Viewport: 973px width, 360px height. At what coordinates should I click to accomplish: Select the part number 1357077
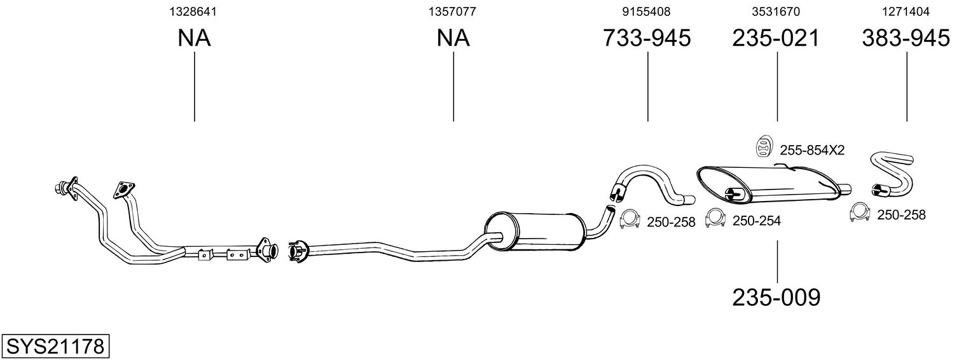pos(452,11)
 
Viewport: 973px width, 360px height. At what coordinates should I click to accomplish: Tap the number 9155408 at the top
pos(646,11)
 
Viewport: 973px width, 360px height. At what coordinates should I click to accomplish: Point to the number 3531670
pos(776,11)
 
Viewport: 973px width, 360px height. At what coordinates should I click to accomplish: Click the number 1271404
pos(906,11)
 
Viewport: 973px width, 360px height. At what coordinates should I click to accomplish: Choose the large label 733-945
pos(646,38)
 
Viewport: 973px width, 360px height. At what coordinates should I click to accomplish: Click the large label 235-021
pos(776,38)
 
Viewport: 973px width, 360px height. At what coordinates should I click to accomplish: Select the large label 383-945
pos(906,38)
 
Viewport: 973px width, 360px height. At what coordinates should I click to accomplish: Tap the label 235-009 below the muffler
pos(776,297)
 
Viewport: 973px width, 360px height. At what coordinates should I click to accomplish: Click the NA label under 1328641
pos(194,38)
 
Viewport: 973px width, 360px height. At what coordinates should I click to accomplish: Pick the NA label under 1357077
pos(453,38)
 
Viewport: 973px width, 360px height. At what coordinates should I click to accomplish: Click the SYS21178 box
pos(55,347)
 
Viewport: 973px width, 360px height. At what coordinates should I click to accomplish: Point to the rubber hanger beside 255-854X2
pos(762,146)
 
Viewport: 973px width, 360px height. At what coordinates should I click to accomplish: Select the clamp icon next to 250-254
pos(715,219)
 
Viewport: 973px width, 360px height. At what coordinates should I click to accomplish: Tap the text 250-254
pos(757,221)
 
